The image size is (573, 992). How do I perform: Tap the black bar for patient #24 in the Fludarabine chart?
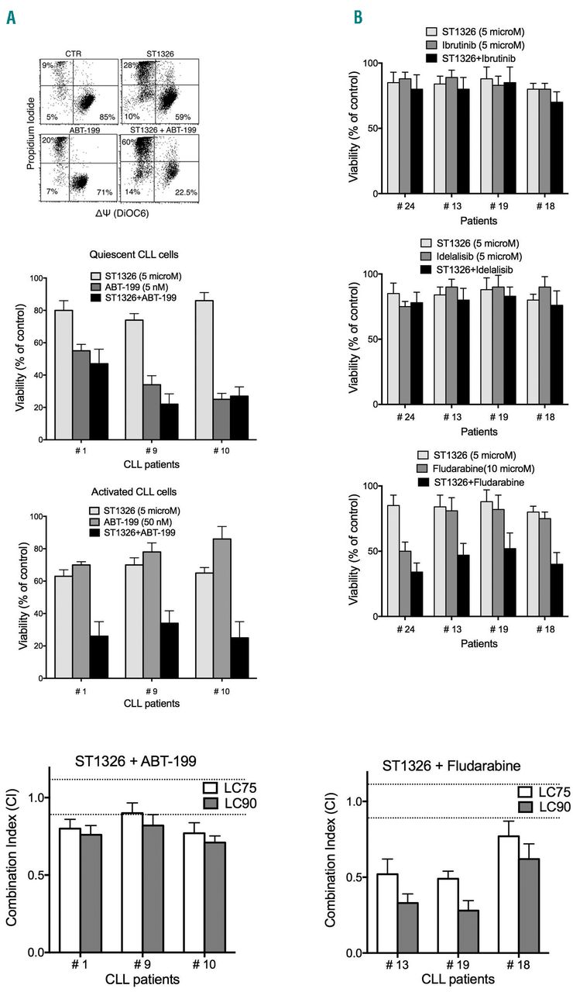(417, 594)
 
